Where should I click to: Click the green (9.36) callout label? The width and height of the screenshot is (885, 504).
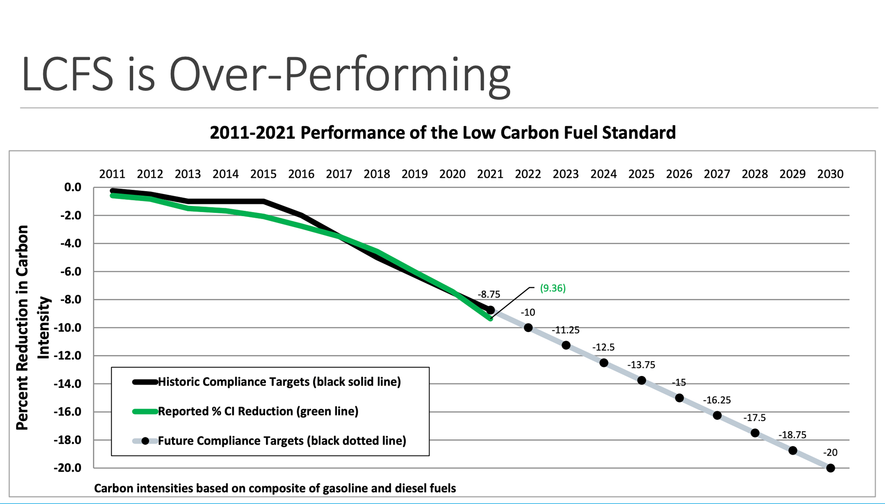(x=553, y=288)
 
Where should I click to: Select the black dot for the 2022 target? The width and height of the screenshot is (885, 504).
(x=528, y=328)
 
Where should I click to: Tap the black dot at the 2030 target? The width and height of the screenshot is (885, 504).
(x=831, y=468)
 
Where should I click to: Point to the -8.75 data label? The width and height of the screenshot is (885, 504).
(x=489, y=294)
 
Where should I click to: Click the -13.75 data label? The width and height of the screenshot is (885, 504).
(x=641, y=365)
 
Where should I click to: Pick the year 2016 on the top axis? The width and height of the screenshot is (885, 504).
(x=301, y=174)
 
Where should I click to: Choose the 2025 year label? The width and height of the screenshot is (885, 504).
(x=641, y=174)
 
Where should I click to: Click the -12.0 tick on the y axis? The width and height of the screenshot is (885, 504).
(x=67, y=356)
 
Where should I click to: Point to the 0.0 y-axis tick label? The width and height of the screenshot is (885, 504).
(x=72, y=188)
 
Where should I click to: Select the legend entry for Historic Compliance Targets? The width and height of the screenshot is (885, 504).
(x=279, y=382)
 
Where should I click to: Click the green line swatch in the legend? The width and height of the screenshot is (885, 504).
(x=145, y=411)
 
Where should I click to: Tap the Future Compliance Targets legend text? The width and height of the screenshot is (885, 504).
(x=282, y=441)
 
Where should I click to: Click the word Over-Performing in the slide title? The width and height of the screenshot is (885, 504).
(x=340, y=75)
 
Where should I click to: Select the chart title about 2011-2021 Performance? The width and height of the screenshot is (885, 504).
(x=442, y=133)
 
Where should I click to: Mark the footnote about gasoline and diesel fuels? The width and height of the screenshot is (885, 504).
(x=275, y=488)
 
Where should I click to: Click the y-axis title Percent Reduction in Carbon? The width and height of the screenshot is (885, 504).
(x=22, y=327)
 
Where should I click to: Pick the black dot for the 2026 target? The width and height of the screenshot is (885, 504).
(x=679, y=398)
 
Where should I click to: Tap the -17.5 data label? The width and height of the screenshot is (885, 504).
(x=754, y=418)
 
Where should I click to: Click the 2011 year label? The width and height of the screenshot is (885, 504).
(x=112, y=174)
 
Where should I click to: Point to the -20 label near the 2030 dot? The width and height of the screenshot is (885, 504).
(x=830, y=453)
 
